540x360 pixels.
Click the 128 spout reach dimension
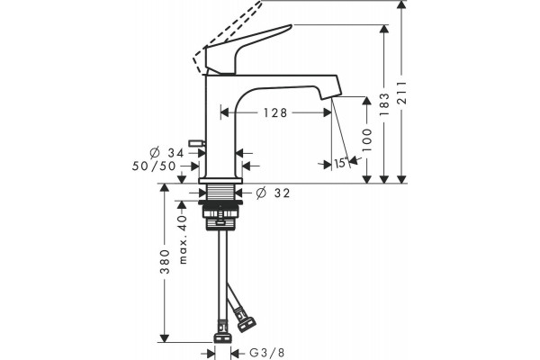pyautogui.click(x=275, y=112)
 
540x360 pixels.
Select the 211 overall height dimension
pyautogui.click(x=401, y=93)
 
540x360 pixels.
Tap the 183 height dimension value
pyautogui.click(x=384, y=104)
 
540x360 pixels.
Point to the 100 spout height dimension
pyautogui.click(x=367, y=139)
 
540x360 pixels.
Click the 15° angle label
pyautogui.click(x=340, y=163)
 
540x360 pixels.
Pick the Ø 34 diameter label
pyautogui.click(x=167, y=152)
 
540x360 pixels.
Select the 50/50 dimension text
pyautogui.click(x=154, y=166)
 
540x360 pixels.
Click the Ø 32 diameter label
pyautogui.click(x=273, y=193)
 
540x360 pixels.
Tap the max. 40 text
pyautogui.click(x=183, y=239)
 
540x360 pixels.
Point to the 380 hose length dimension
pyautogui.click(x=166, y=262)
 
